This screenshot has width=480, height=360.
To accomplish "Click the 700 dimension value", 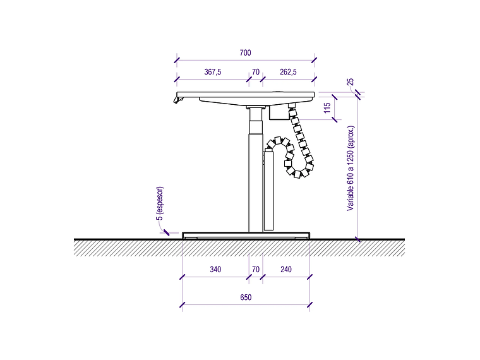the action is (245, 53).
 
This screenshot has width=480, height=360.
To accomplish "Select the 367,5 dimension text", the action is (212, 72).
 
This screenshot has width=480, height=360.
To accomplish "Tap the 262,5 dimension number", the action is (288, 72).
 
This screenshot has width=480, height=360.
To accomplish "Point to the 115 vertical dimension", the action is (327, 108).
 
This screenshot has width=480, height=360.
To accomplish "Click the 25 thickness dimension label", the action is (350, 81).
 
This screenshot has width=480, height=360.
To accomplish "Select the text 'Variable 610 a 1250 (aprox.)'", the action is (351, 169).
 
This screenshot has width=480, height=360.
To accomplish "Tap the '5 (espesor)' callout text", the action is (160, 203).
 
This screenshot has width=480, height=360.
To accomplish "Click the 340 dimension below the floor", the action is (215, 270).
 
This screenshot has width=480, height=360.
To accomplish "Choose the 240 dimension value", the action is (286, 270).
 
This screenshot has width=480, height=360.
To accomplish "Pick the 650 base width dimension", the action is (246, 297).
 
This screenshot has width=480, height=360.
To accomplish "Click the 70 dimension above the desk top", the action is (256, 72).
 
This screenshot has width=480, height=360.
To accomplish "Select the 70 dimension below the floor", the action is (256, 270).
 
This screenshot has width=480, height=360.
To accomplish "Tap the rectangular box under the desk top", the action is (279, 112).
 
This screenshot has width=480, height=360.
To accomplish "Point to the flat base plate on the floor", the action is (246, 235).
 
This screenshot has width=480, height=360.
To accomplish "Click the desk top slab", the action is (246, 95).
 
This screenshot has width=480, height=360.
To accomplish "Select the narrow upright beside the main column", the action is (268, 190).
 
